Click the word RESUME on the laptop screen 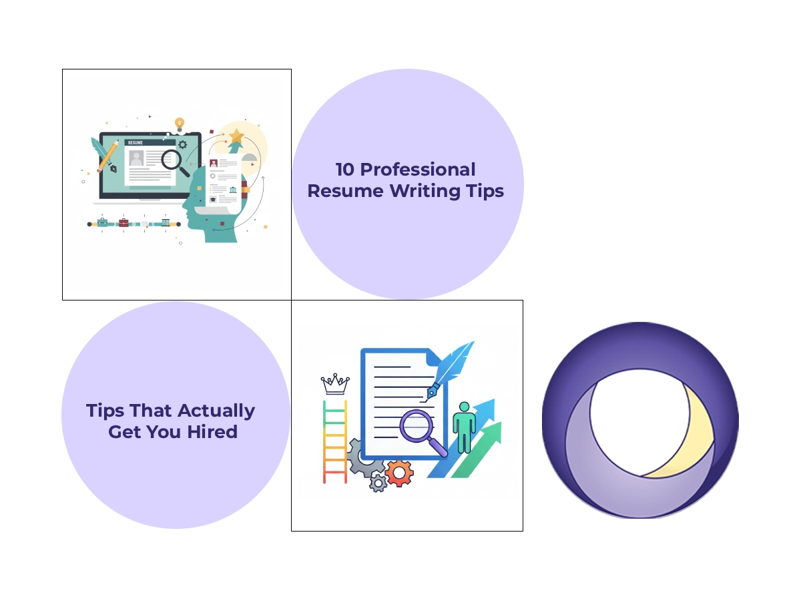click(136, 142)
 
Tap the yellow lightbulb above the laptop click(179, 124)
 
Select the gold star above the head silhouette click(236, 136)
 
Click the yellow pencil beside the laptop click(107, 154)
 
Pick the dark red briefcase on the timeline click(123, 222)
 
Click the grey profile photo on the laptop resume click(136, 158)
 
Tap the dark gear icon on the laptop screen click(182, 144)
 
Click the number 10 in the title click(345, 170)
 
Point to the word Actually click(217, 410)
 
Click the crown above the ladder click(335, 384)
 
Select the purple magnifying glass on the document click(419, 425)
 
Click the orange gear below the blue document click(399, 473)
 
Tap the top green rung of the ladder click(335, 404)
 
